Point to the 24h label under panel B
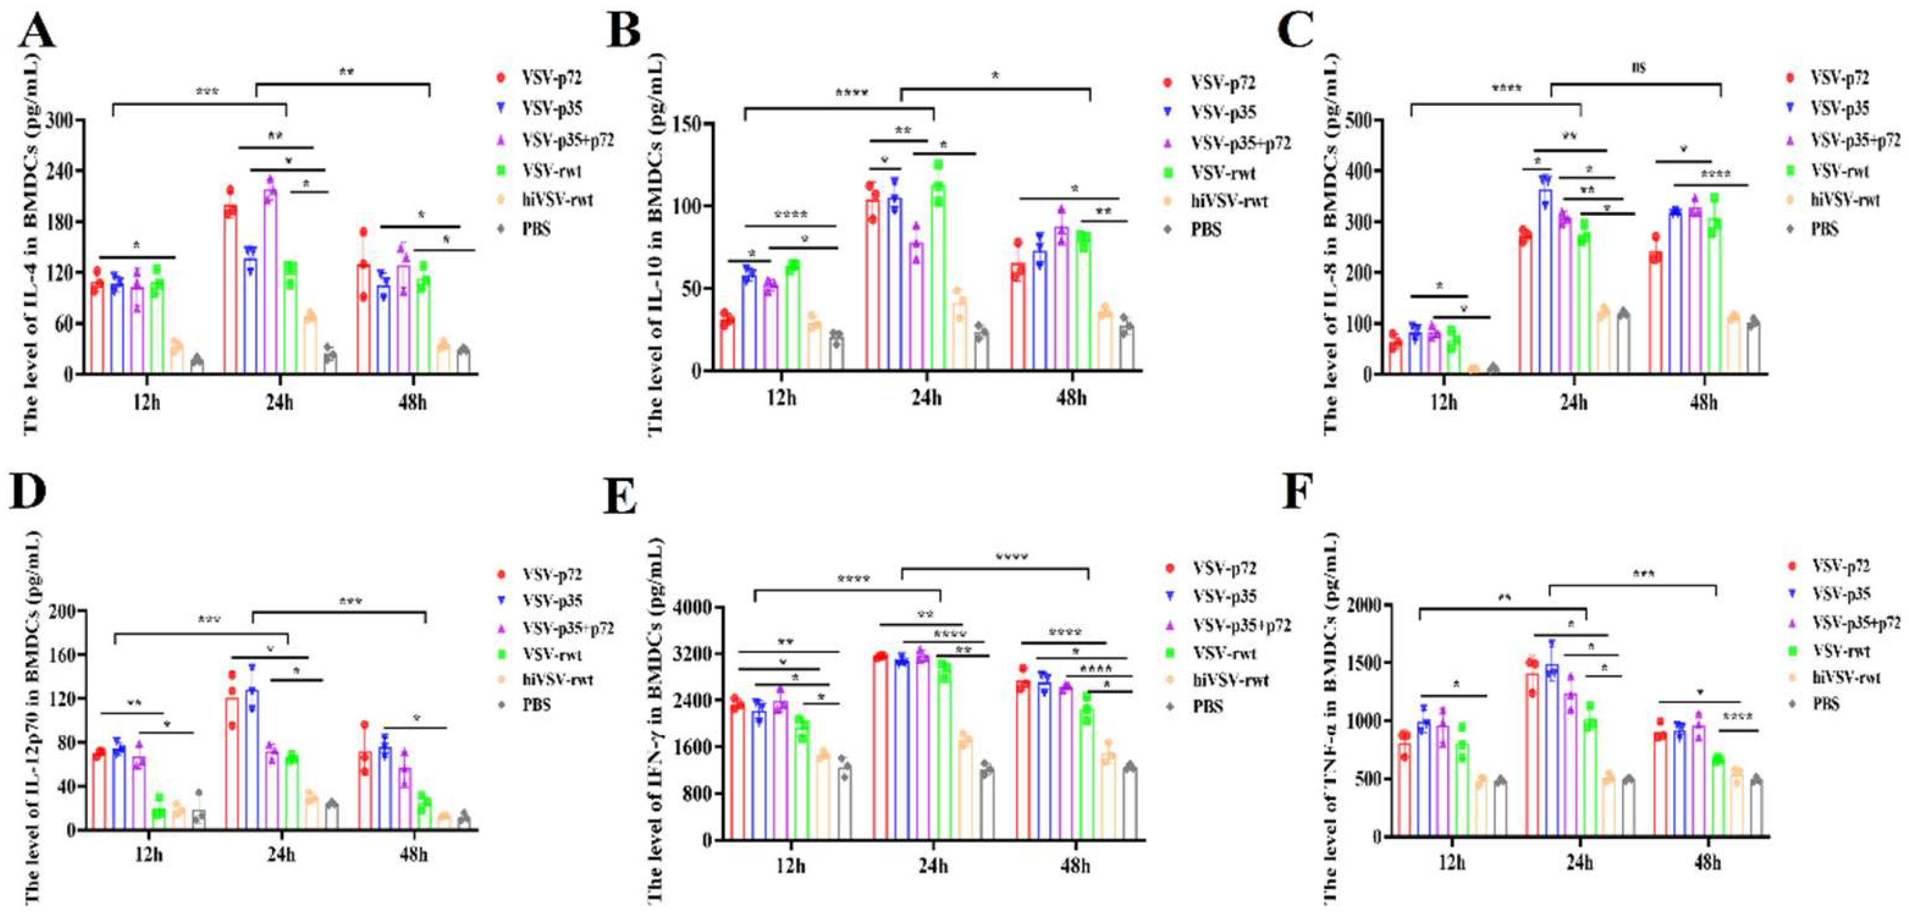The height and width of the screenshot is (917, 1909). tap(926, 398)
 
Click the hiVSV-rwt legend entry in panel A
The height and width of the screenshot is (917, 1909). tap(557, 200)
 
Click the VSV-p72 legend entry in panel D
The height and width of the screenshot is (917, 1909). tap(552, 575)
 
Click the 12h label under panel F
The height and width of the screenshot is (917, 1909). tap(1451, 863)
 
